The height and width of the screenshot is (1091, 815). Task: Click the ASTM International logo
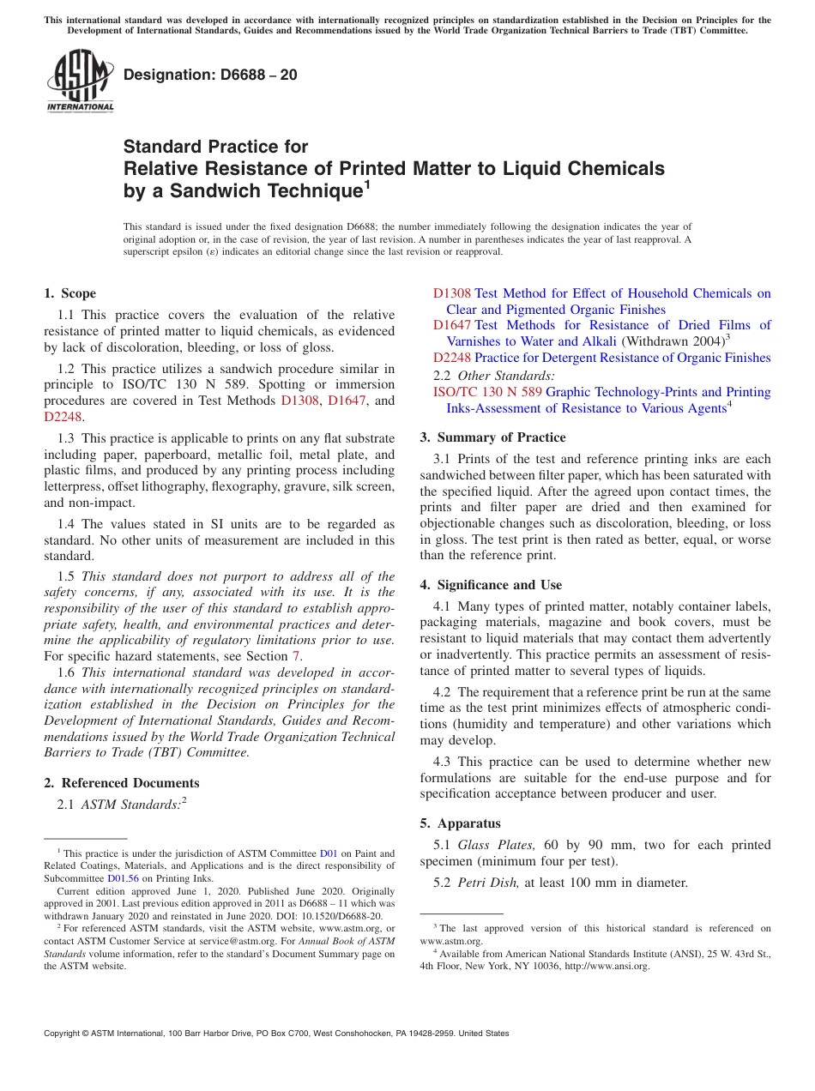click(x=80, y=81)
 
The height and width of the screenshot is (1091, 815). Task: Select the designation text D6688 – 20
click(x=211, y=75)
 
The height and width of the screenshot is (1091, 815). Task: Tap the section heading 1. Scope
click(x=70, y=293)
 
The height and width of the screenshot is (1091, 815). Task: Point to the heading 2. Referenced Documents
click(x=122, y=782)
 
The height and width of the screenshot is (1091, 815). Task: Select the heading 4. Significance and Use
click(x=491, y=584)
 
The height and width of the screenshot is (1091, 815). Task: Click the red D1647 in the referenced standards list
click(x=451, y=325)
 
